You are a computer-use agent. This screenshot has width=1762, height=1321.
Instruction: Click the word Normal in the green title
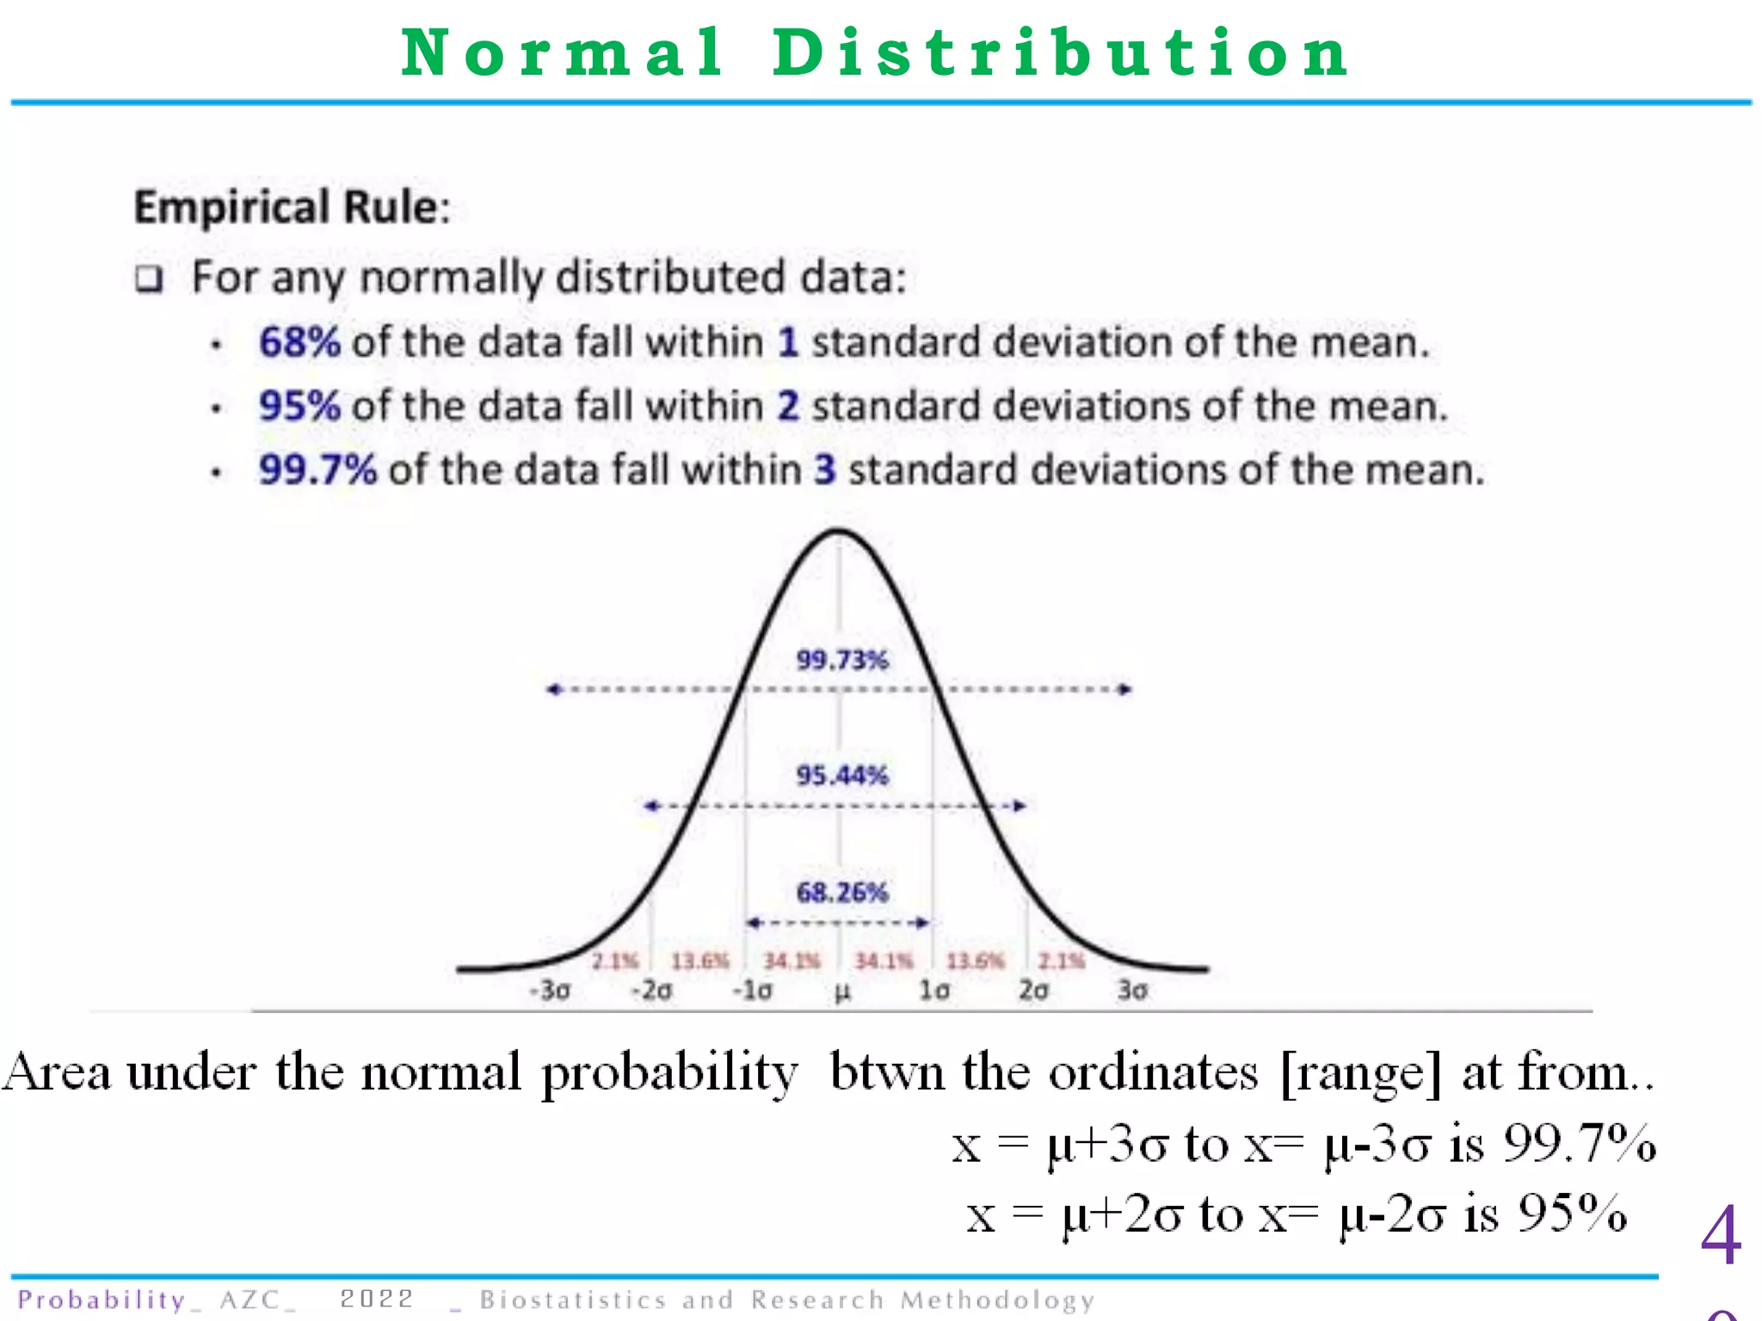pyautogui.click(x=563, y=53)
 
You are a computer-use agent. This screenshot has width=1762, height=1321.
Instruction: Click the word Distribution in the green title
pyautogui.click(x=1060, y=53)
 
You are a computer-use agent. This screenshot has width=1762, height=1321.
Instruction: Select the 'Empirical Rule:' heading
pyautogui.click(x=293, y=207)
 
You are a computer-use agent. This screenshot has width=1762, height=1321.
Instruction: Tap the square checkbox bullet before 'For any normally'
pyautogui.click(x=149, y=280)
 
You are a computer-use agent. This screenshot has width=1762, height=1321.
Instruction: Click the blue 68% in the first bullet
pyautogui.click(x=299, y=342)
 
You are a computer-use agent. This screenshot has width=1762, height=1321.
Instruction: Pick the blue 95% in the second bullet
pyautogui.click(x=299, y=406)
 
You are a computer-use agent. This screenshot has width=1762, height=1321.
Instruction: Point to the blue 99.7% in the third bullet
pyautogui.click(x=317, y=470)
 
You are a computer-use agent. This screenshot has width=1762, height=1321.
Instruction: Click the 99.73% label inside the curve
pyautogui.click(x=841, y=660)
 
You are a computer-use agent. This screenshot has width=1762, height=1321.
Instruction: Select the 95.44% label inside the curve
pyautogui.click(x=841, y=776)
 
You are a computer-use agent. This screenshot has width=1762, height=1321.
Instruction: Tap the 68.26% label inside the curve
pyautogui.click(x=841, y=893)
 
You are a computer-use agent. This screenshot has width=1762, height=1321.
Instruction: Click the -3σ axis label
pyautogui.click(x=550, y=991)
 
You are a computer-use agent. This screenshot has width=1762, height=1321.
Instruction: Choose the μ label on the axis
pyautogui.click(x=842, y=992)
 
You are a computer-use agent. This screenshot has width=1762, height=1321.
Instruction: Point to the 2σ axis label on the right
pyautogui.click(x=1033, y=991)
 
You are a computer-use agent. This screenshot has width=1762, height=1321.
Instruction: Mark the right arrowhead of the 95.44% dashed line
pyautogui.click(x=1020, y=806)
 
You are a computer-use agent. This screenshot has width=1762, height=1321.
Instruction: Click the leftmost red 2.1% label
pyautogui.click(x=615, y=961)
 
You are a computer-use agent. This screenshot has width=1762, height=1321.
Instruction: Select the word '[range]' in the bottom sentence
pyautogui.click(x=1360, y=1073)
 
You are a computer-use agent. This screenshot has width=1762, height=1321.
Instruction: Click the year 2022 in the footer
pyautogui.click(x=377, y=1299)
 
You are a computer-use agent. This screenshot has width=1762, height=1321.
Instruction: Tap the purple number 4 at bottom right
pyautogui.click(x=1721, y=1235)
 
